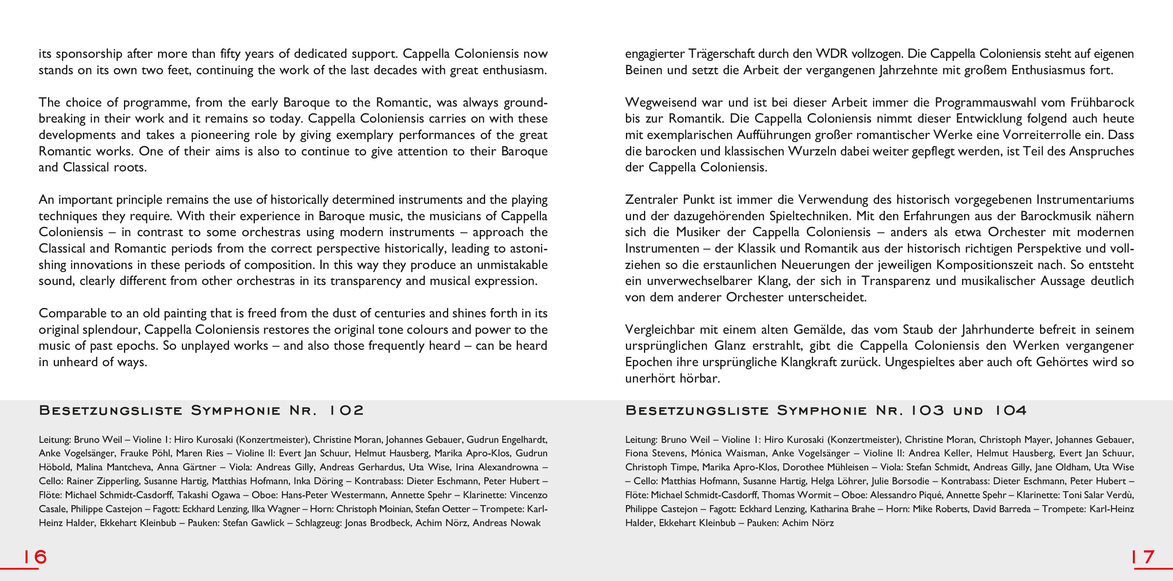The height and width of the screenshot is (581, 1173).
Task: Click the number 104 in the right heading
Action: pyautogui.click(x=1010, y=410)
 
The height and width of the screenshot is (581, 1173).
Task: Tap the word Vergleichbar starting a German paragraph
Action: pyautogui.click(x=660, y=329)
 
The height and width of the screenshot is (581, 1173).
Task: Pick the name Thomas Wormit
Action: pyautogui.click(x=793, y=495)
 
